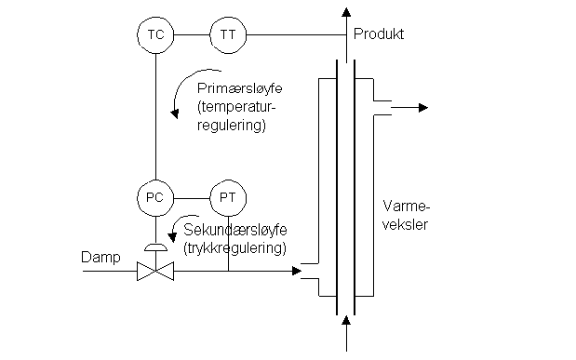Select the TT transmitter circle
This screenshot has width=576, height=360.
click(228, 35)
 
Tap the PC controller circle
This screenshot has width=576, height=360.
click(154, 197)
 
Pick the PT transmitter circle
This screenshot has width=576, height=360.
click(228, 197)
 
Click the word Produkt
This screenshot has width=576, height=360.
click(378, 34)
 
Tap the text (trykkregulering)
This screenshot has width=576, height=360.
click(234, 248)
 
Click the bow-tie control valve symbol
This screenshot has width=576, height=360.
click(154, 272)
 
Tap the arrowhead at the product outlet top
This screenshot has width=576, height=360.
click(346, 12)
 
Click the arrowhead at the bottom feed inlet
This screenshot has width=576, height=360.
click(346, 323)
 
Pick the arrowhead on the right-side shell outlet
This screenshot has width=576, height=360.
click(422, 108)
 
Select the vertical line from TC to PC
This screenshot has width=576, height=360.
click(154, 116)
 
